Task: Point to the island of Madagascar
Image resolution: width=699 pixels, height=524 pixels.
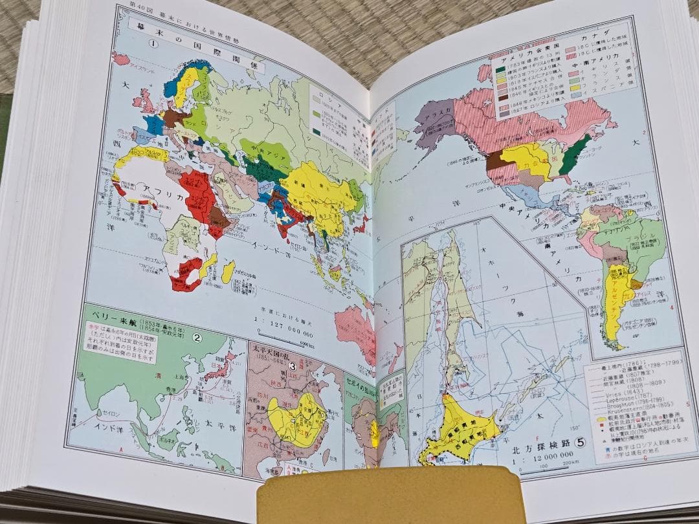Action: pos(228,272)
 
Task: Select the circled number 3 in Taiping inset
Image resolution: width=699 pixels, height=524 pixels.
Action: pos(292,366)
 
